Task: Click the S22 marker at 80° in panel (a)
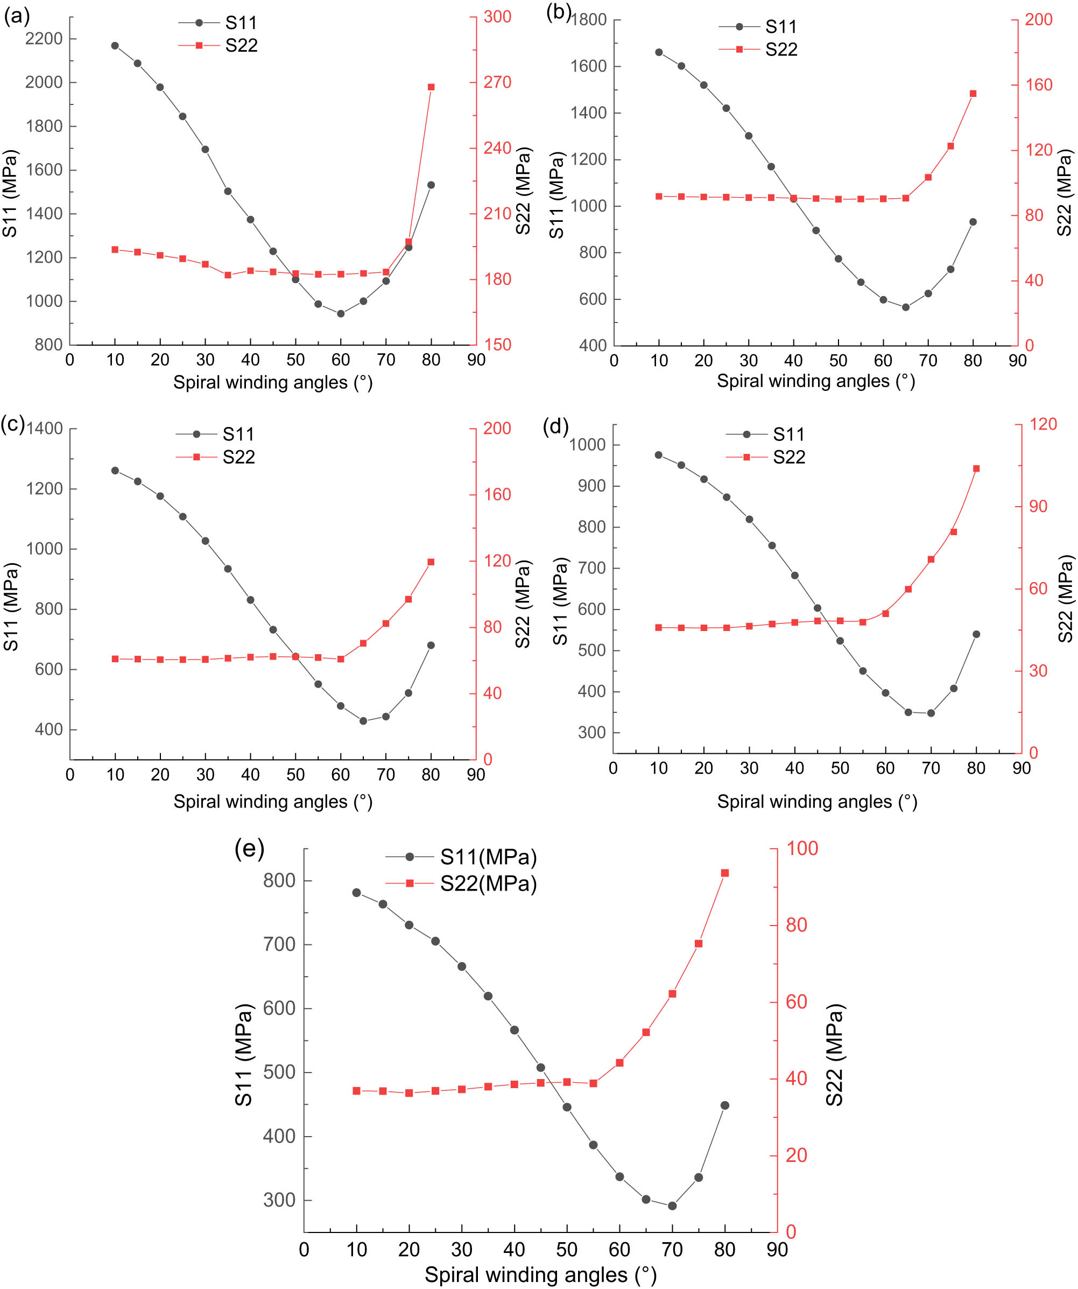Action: point(431,87)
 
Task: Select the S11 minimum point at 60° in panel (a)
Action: point(341,314)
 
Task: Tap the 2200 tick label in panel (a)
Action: point(44,39)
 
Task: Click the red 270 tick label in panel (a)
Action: point(497,82)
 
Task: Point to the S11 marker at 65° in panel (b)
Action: point(906,307)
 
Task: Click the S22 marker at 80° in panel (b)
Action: point(973,94)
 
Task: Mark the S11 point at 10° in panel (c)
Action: point(115,471)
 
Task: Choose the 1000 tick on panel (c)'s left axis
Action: point(44,549)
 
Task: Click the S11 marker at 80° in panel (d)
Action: point(976,634)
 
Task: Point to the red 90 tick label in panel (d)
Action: point(1038,506)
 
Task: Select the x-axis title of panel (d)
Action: point(816,802)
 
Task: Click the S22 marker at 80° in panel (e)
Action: point(724,873)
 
